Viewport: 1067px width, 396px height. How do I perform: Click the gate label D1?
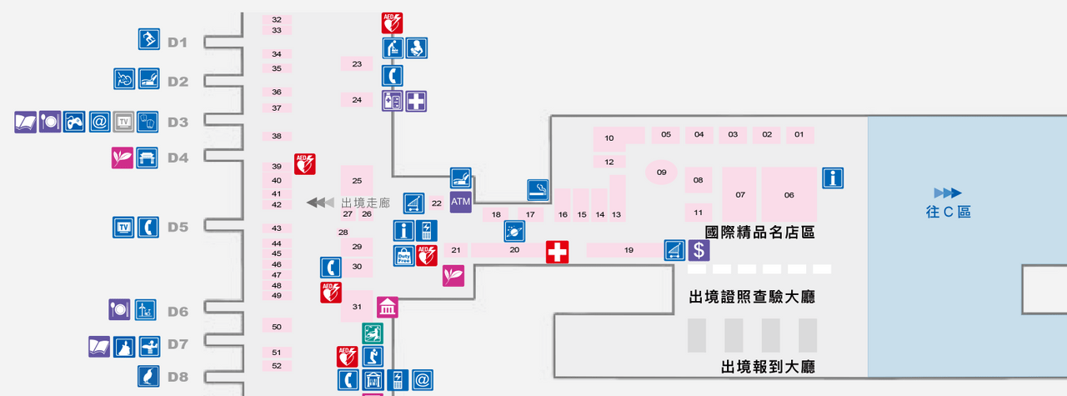point(178,43)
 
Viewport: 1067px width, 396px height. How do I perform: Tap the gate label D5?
point(178,227)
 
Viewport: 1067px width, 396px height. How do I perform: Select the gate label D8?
point(178,377)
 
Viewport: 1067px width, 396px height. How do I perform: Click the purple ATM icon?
point(461,202)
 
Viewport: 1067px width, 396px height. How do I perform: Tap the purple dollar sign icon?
point(699,250)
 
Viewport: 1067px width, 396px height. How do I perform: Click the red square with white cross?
point(558,252)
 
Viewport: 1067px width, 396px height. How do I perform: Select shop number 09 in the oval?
point(661,172)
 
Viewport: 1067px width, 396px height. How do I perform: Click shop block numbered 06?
point(789,194)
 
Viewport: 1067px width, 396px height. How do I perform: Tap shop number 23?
point(357,64)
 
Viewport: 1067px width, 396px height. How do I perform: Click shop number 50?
point(277,327)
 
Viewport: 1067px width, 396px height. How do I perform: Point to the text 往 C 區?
point(948,211)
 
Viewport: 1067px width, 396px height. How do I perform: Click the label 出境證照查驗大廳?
point(752,297)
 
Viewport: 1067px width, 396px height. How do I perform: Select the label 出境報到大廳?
point(768,367)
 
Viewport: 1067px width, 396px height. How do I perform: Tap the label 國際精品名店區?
point(759,232)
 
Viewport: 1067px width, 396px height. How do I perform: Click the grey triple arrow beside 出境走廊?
point(320,203)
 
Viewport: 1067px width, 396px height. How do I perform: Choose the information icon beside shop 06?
point(833,178)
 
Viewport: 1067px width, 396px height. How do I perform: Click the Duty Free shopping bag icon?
point(404,255)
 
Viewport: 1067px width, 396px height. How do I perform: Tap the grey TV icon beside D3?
point(124,122)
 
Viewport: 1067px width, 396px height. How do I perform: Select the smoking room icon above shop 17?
point(538,189)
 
